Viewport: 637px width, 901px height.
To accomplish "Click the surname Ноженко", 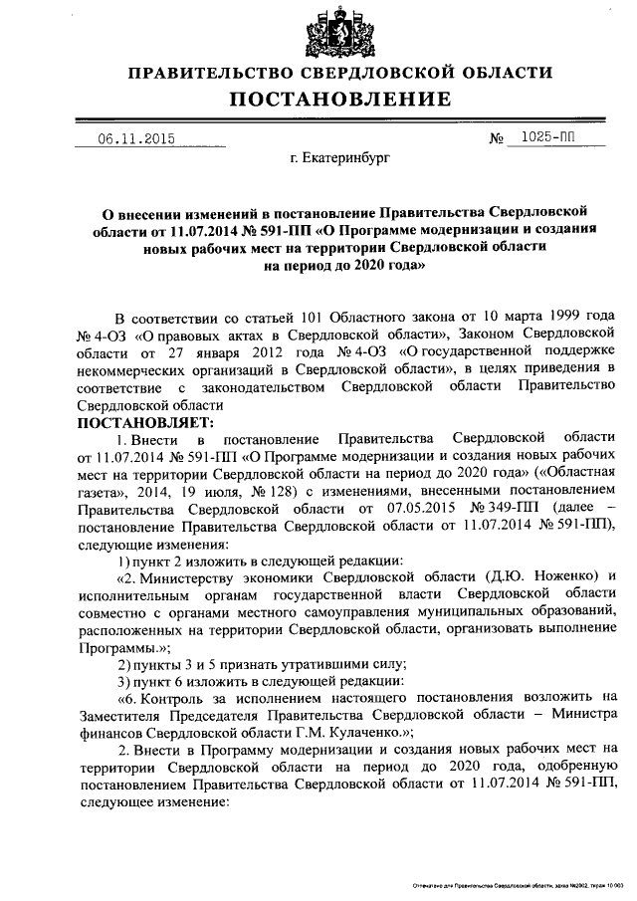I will coord(559,578).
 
